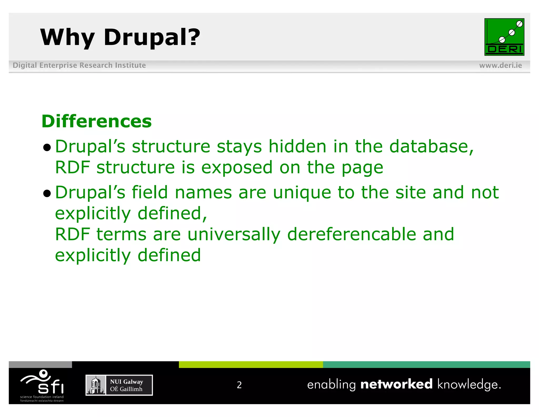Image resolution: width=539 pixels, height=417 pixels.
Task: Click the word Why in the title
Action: [67, 37]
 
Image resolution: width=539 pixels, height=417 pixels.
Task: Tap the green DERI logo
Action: [504, 37]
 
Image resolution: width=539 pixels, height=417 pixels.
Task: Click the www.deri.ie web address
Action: [500, 65]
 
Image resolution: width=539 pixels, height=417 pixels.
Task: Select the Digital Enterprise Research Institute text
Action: [79, 65]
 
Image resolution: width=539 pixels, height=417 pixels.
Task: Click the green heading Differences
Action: [97, 122]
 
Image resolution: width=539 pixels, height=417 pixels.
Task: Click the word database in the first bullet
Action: [429, 146]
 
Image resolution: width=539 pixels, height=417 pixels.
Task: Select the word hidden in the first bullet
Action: [297, 146]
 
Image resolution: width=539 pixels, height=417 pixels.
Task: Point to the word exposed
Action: [237, 167]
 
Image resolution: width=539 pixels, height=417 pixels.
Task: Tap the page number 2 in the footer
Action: [239, 385]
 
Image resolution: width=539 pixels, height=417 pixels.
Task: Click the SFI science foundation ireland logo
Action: [42, 385]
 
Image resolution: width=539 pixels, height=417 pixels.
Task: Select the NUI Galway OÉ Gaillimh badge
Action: [119, 385]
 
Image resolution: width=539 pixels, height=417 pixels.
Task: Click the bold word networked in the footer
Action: [396, 384]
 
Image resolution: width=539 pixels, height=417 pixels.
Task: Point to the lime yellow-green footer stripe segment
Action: [251, 365]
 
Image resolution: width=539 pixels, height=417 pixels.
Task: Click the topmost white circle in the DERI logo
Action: [519, 24]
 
